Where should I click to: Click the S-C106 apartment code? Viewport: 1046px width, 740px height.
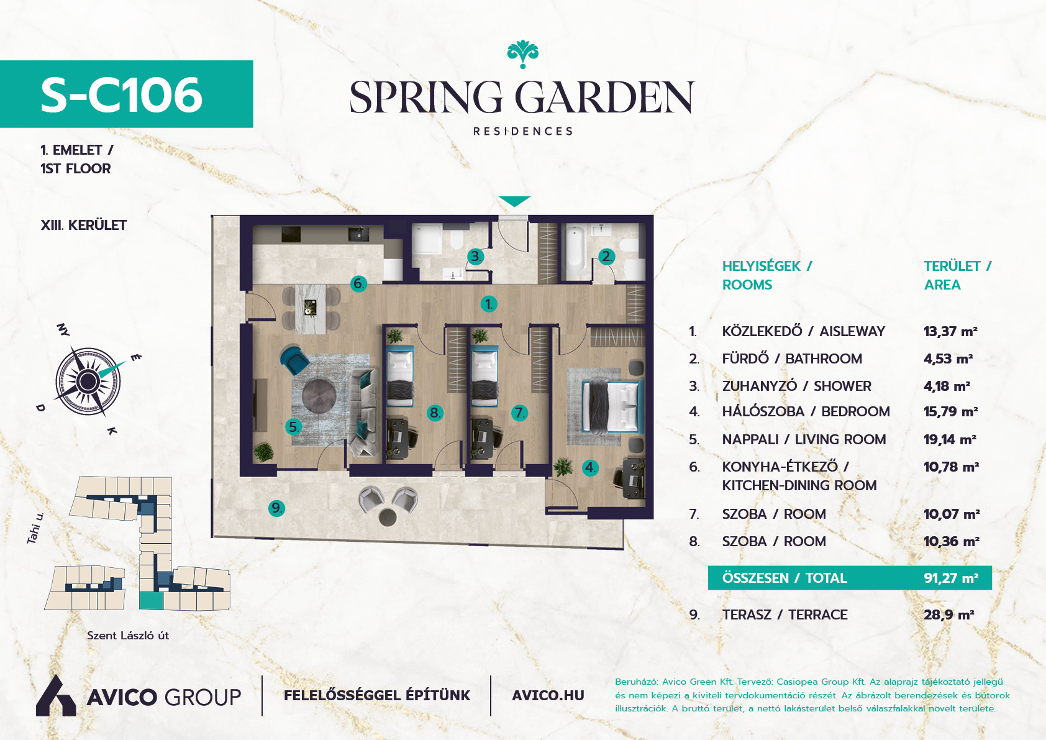[121, 95]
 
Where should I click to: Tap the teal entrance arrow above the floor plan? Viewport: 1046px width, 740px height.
[514, 201]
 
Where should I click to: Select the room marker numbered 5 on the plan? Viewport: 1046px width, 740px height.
[293, 426]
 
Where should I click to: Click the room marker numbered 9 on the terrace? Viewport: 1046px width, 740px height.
[277, 508]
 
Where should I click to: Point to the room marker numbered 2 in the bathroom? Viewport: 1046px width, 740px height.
[607, 257]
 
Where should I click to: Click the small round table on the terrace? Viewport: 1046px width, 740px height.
[387, 517]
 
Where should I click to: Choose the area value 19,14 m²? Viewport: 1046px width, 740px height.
[950, 440]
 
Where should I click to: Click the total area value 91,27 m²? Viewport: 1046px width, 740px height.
[951, 578]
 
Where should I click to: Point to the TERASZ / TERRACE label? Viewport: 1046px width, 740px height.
[784, 614]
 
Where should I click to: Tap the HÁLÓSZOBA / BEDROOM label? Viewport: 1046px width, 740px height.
[806, 411]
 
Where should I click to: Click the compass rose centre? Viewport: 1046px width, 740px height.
[88, 381]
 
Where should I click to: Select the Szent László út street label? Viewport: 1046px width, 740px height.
[128, 636]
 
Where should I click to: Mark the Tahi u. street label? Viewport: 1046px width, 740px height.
[35, 528]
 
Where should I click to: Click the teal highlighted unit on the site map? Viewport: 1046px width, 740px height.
[151, 601]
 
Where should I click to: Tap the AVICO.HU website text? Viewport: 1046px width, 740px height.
[548, 696]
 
